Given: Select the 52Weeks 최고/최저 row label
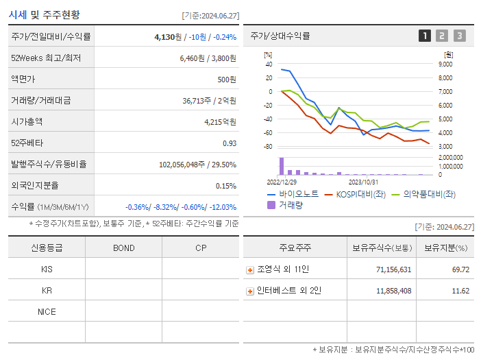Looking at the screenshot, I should [x=46, y=58].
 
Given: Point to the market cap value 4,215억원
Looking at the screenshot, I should [x=220, y=121].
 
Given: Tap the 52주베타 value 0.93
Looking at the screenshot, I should [x=229, y=143].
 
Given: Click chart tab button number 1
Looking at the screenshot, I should [x=425, y=36].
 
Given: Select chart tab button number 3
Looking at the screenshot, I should [x=459, y=36].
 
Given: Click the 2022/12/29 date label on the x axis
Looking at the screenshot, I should [x=281, y=182].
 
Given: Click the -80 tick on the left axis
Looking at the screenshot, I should [x=268, y=147].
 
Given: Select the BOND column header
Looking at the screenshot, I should [x=123, y=248].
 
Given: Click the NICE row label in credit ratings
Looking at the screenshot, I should [x=47, y=311].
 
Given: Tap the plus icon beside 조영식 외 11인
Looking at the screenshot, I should [x=250, y=270].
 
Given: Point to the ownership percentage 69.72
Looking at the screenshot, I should [x=460, y=269].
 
